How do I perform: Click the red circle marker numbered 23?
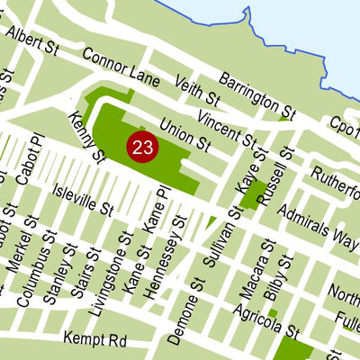(141, 148)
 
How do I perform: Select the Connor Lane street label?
(120, 67)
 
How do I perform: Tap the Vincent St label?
(228, 128)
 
